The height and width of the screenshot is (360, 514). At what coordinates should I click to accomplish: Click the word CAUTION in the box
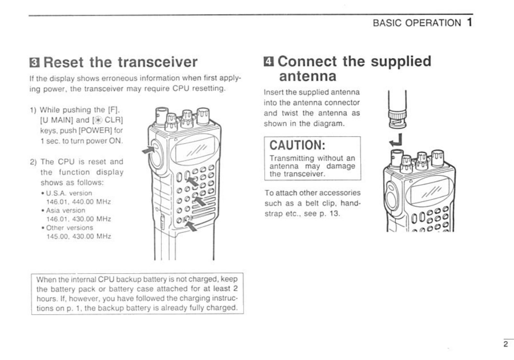(x=297, y=145)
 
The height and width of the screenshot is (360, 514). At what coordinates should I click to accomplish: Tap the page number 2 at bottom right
(x=506, y=344)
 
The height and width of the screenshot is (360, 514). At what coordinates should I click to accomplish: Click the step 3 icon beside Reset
(x=34, y=62)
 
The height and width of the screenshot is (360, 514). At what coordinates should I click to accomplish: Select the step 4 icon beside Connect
(x=269, y=61)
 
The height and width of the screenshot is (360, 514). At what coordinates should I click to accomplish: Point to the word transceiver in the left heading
(x=158, y=62)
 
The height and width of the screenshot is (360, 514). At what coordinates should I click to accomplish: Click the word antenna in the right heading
(x=307, y=76)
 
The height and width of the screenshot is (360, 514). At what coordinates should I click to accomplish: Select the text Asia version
(x=65, y=210)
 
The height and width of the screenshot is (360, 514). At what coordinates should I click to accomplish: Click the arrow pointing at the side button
(x=149, y=150)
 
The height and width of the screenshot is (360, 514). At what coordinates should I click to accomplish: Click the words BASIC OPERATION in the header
(x=416, y=23)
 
